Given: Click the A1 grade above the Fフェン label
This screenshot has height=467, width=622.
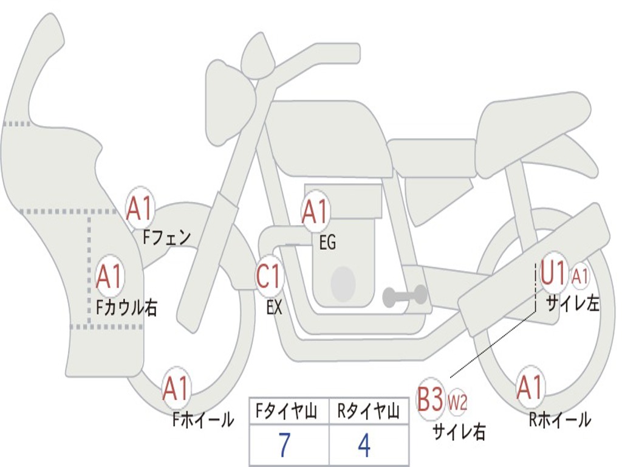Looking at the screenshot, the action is pyautogui.click(x=140, y=209).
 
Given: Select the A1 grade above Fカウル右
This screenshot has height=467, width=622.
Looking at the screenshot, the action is pyautogui.click(x=110, y=277).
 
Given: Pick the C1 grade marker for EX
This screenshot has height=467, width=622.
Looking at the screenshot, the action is pyautogui.click(x=270, y=277).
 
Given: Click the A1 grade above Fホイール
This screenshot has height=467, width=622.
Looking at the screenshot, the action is pyautogui.click(x=176, y=389).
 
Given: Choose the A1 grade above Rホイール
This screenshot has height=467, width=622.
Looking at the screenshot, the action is pyautogui.click(x=530, y=387).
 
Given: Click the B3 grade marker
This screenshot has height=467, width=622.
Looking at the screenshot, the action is pyautogui.click(x=430, y=400).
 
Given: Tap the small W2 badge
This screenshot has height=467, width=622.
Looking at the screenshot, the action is pyautogui.click(x=457, y=402).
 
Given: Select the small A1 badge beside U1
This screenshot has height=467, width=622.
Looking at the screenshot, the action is pyautogui.click(x=580, y=277).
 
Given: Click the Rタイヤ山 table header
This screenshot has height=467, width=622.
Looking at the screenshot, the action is pyautogui.click(x=368, y=413).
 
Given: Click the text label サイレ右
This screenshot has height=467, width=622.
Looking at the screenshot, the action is pyautogui.click(x=459, y=431).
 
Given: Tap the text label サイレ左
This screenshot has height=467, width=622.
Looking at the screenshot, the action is pyautogui.click(x=572, y=303).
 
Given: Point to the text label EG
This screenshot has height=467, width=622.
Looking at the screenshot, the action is pyautogui.click(x=327, y=243).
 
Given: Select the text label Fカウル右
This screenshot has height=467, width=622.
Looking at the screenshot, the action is pyautogui.click(x=127, y=307).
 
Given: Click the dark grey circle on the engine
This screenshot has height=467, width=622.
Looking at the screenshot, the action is pyautogui.click(x=343, y=283).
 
